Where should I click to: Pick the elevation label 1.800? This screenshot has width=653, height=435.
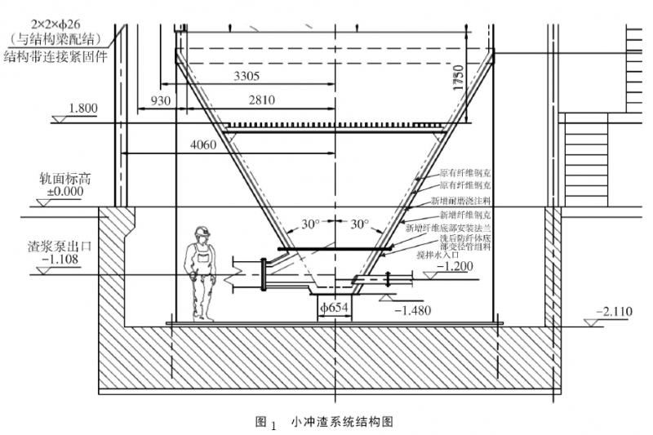coord(83,108)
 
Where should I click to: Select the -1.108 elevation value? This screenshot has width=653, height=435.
coord(62,260)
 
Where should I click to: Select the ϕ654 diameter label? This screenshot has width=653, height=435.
coord(335,309)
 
